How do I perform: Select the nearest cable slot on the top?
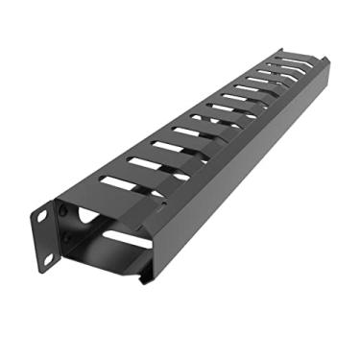pyautogui.click(x=123, y=183)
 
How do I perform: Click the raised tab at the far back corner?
pyautogui.click(x=284, y=54)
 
